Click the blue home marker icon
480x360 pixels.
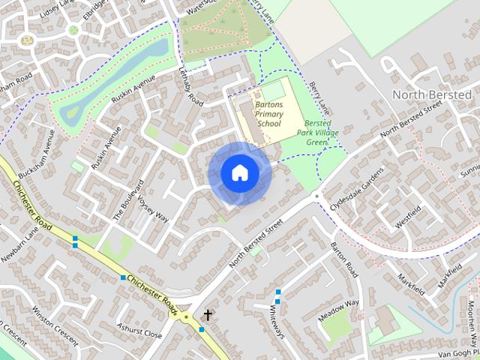point(239,173)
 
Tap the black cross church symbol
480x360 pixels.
point(206,316)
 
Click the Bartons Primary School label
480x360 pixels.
point(268,113)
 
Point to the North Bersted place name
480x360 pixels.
point(431,95)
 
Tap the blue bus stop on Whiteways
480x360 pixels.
point(278,292)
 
